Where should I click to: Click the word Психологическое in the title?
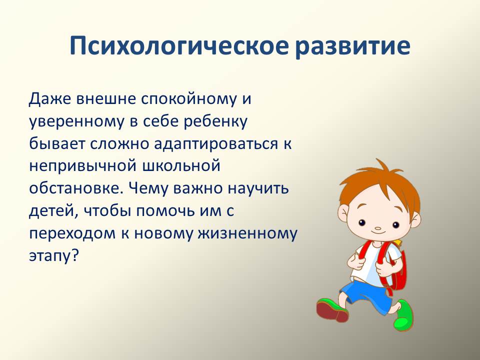click(x=179, y=46)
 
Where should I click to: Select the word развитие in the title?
click(x=353, y=46)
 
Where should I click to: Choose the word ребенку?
click(x=215, y=121)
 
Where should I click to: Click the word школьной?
click(x=181, y=166)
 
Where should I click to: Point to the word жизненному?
click(x=247, y=234)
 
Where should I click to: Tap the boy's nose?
click(x=378, y=228)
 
